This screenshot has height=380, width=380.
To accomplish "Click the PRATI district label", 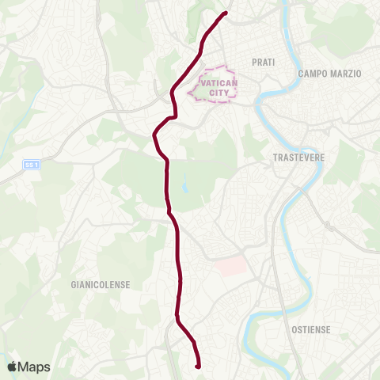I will (263, 62).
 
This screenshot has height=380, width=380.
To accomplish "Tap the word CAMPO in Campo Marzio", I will (313, 74).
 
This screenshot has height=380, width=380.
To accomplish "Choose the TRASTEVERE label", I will (294, 158).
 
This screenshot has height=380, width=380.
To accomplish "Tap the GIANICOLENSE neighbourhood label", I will (101, 284).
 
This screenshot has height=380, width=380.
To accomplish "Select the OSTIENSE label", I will (310, 329).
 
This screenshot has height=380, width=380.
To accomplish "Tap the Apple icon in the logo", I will (13, 367).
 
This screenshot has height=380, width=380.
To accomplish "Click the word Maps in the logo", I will (35, 367).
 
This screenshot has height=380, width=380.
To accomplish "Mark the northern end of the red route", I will (226, 13).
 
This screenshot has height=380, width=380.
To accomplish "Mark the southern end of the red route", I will (196, 366).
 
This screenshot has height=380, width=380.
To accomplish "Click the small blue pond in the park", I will (184, 188).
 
